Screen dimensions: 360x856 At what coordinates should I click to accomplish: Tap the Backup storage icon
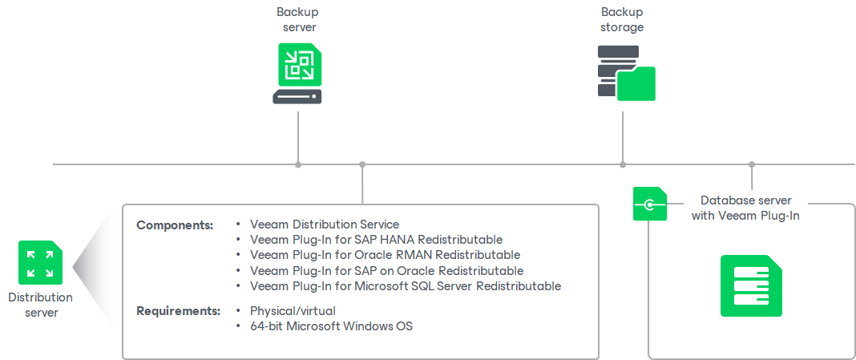626,73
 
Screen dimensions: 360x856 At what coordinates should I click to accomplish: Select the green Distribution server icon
40,262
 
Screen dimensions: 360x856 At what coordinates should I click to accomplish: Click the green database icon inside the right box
750,285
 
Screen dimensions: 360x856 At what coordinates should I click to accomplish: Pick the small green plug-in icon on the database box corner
649,204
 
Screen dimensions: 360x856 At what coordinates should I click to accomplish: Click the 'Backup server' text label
297,20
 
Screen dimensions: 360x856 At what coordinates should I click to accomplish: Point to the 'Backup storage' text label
622,20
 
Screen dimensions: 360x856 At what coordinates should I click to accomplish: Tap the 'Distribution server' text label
40,305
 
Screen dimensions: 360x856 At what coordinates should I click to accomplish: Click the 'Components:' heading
175,225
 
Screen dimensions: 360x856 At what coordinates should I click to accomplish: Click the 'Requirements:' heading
178,311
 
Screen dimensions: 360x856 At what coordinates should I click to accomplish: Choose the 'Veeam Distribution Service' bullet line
325,224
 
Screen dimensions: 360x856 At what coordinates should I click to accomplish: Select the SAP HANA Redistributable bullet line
376,240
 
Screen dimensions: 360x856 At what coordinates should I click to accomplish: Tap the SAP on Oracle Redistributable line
386,270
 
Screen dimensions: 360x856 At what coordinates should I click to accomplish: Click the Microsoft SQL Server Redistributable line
405,285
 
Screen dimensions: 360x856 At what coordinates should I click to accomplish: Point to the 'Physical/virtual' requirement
293,311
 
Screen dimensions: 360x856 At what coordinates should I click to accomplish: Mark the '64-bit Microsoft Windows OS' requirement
331,326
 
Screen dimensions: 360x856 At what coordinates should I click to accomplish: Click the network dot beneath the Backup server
298,164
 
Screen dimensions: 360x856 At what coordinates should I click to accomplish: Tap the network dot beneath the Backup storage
623,164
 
